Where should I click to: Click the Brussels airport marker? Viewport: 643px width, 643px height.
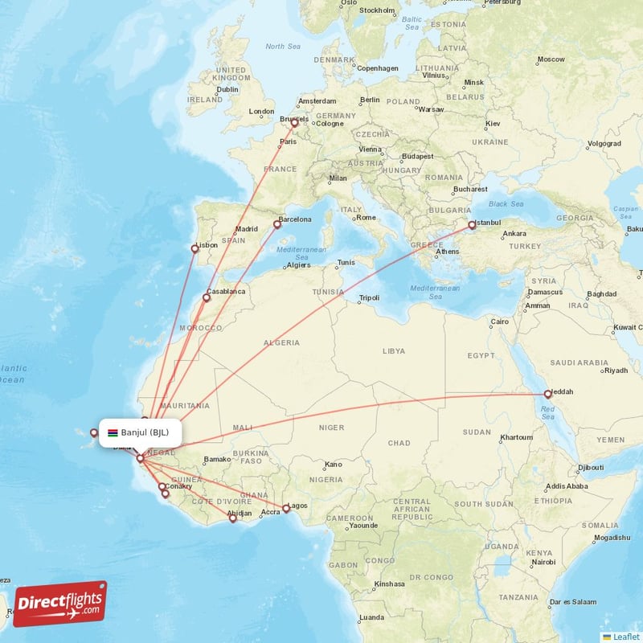pyautogui.click(x=294, y=123)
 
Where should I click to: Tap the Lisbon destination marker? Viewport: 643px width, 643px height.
pyautogui.click(x=195, y=249)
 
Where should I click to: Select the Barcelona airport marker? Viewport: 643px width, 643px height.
pyautogui.click(x=277, y=225)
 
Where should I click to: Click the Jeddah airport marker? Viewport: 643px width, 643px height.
pyautogui.click(x=547, y=395)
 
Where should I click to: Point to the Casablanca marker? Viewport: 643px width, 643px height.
pyautogui.click(x=206, y=298)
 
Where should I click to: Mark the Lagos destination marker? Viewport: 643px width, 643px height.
pyautogui.click(x=285, y=508)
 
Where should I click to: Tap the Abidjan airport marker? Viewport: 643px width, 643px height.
pyautogui.click(x=233, y=518)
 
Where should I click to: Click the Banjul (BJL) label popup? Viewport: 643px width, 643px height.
pyautogui.click(x=140, y=432)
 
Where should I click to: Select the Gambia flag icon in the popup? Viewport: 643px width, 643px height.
pyautogui.click(x=113, y=432)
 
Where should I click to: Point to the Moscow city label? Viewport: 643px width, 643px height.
pyautogui.click(x=551, y=59)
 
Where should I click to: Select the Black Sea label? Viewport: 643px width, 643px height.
pyautogui.click(x=505, y=204)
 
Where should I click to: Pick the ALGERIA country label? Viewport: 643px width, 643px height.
pyautogui.click(x=281, y=342)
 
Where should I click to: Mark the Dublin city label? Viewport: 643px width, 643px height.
pyautogui.click(x=227, y=89)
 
